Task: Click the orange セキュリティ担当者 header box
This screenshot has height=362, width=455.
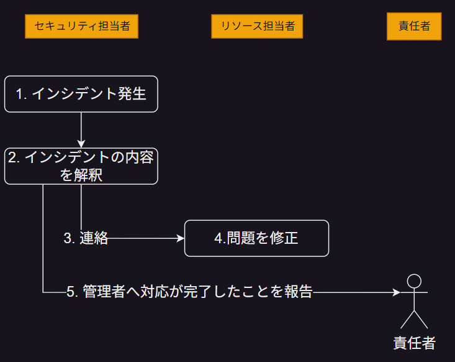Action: click(x=81, y=27)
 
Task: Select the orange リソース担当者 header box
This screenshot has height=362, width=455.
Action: click(x=257, y=27)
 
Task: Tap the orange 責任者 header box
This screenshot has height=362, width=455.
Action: click(x=413, y=27)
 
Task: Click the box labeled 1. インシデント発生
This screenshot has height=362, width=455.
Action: click(x=81, y=94)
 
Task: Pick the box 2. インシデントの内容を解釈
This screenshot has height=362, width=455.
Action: click(x=81, y=166)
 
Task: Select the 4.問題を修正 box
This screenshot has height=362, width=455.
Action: click(x=256, y=238)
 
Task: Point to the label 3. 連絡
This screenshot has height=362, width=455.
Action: click(x=86, y=238)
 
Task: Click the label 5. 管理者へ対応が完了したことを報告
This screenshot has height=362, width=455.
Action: click(x=189, y=292)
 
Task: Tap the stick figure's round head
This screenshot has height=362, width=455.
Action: click(x=414, y=281)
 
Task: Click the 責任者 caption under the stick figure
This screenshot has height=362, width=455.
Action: click(x=414, y=343)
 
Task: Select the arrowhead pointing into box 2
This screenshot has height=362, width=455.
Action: click(x=81, y=144)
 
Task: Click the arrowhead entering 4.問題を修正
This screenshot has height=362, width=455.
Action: click(x=181, y=238)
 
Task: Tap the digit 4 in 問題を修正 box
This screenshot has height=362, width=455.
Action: click(x=218, y=238)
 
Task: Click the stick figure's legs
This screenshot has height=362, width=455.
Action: click(x=414, y=318)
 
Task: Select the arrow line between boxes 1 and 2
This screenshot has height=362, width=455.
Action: click(x=81, y=128)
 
